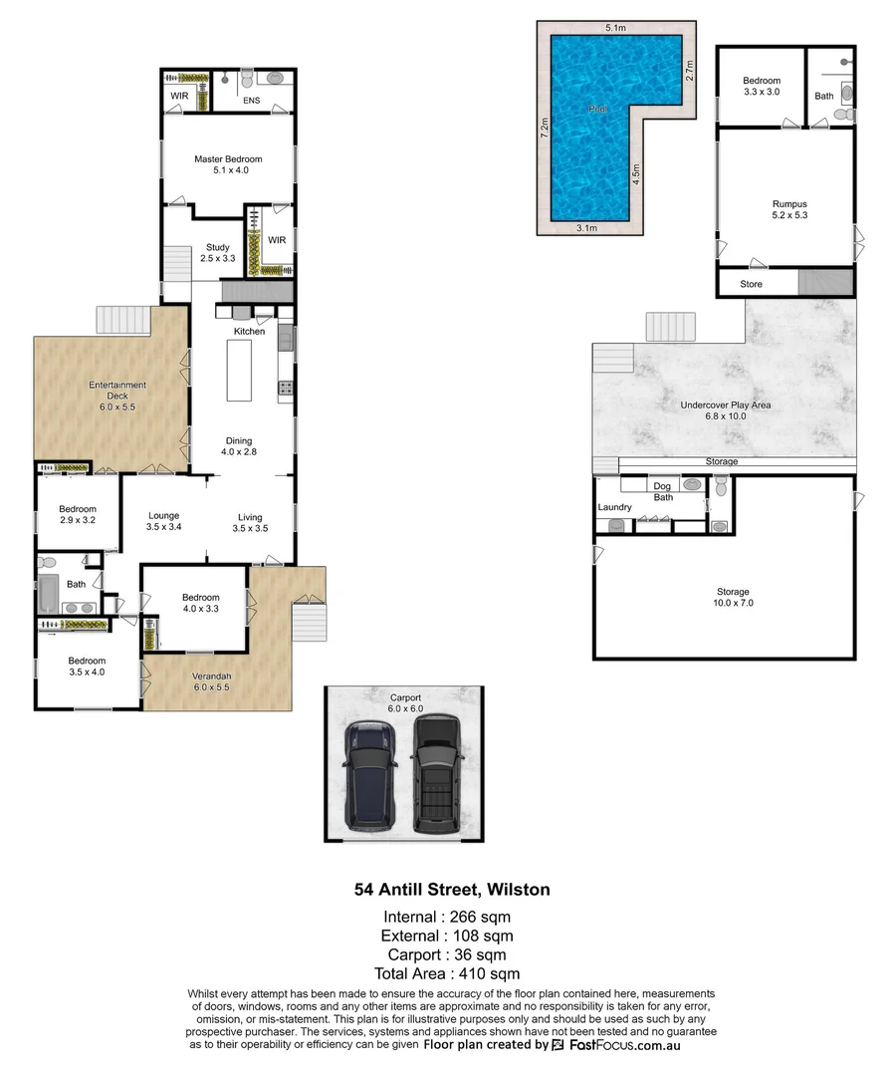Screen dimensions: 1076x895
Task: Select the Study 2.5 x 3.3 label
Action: (x=217, y=253)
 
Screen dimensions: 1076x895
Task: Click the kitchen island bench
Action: (x=240, y=370)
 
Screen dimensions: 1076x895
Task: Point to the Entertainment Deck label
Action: (x=117, y=391)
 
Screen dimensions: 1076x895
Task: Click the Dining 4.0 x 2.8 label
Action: (x=238, y=446)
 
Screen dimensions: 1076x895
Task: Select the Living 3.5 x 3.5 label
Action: (x=250, y=523)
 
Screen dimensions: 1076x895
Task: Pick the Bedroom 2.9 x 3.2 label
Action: (x=77, y=514)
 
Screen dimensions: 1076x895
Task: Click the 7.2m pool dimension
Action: (x=545, y=128)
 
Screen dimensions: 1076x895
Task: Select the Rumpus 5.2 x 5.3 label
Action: (x=788, y=210)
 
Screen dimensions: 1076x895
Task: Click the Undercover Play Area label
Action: (x=725, y=410)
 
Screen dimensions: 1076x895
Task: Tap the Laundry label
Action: (x=614, y=507)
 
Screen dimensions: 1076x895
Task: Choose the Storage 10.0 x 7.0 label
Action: (x=732, y=597)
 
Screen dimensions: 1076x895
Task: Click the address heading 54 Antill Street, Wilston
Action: (x=452, y=889)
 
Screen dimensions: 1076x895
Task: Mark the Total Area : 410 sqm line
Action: (x=447, y=973)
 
